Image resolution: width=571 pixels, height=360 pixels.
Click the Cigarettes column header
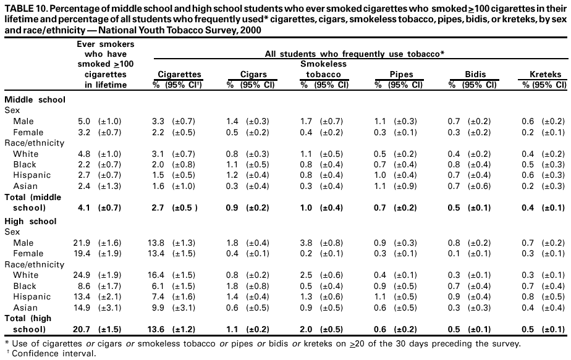[x=180, y=74]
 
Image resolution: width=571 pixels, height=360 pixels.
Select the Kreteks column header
[x=546, y=74]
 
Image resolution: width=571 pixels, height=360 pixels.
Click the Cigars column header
[x=253, y=74]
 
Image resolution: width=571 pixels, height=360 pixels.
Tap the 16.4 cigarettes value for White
[x=160, y=275]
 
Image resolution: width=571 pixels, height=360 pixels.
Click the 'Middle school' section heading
[x=35, y=99]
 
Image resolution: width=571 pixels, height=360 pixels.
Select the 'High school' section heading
[x=30, y=221]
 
